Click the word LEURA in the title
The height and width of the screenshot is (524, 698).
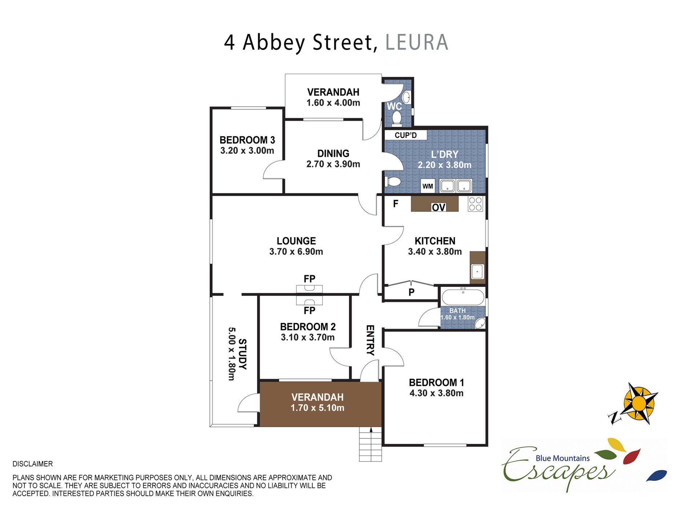pos(417,42)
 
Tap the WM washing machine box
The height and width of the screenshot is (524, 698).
pos(428,186)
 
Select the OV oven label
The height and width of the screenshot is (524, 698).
pos(438,207)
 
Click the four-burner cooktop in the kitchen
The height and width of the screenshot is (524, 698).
pos(475,204)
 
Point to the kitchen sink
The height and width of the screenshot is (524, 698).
pos(477,271)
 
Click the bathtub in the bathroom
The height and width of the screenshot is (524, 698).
pos(463,297)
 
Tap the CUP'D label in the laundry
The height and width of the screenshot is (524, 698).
pos(406,135)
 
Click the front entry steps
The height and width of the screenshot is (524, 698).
pos(370,444)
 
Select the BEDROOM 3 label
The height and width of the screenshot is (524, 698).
pos(247,140)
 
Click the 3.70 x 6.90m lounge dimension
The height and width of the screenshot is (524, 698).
pos(296,251)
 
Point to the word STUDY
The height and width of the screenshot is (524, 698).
pos(242,354)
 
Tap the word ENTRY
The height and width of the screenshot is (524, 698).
pos(370,340)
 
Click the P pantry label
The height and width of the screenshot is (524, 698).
pos(412,292)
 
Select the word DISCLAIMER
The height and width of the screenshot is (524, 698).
pos(33,464)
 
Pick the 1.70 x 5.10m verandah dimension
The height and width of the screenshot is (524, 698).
pos(317,408)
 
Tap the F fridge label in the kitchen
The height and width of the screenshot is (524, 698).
pos(396,204)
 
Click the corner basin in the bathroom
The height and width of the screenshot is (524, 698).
pos(480,323)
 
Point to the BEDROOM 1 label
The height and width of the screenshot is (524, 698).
pos(436,382)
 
